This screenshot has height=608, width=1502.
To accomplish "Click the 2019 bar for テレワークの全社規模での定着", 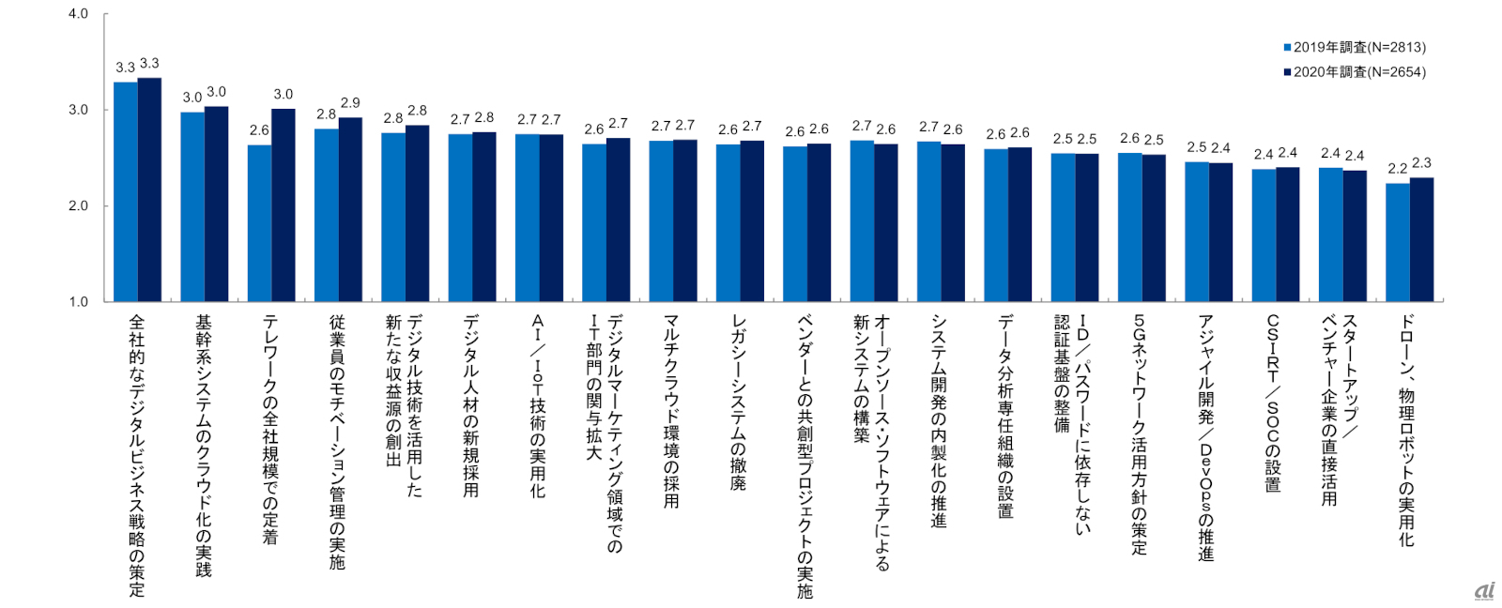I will (259, 223).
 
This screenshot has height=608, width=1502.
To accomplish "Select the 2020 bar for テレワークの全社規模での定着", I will (284, 205).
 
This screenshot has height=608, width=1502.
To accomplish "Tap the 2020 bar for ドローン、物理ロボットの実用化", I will (1421, 239).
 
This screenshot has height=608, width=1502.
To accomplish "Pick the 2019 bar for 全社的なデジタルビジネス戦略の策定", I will (126, 191).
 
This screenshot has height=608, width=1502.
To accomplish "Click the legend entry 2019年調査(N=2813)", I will (1355, 48).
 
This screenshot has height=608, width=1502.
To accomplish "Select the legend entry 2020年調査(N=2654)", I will (1355, 72).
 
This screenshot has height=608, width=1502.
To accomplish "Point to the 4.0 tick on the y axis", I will (78, 14).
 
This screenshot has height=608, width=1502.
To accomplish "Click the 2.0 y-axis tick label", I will (78, 205).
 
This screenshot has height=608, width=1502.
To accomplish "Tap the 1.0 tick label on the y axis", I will (78, 301).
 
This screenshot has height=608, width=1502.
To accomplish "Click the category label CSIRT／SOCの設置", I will (1273, 403).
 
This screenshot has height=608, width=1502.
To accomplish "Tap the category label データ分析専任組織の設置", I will (1005, 417).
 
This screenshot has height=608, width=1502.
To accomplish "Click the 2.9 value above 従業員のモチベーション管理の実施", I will (350, 103).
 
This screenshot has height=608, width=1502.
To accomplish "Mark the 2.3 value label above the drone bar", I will (1421, 163).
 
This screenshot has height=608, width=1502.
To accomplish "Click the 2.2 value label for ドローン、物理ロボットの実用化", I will (1397, 169).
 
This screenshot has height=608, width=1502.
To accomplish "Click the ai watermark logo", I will (1484, 590).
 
